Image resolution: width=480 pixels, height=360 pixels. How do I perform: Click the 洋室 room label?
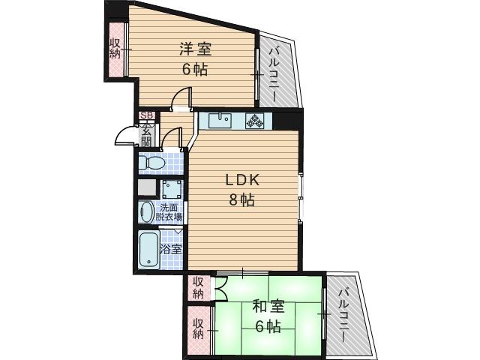(195, 50)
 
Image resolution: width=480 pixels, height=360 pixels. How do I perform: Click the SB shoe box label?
(146, 115)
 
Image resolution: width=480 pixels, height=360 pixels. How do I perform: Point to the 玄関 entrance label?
(146, 135)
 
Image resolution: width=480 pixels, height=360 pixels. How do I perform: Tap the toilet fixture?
(154, 162)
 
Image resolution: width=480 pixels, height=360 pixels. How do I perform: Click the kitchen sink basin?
(220, 119)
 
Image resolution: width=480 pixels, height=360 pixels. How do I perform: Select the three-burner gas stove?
(256, 120)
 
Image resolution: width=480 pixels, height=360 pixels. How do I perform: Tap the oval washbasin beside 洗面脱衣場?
(146, 211)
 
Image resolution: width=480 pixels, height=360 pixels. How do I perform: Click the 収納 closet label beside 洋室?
(115, 49)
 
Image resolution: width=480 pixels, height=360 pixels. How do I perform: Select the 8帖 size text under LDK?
(242, 200)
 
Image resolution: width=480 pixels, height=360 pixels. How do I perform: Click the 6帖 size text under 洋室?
(195, 69)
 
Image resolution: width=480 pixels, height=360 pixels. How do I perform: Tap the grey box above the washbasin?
(146, 187)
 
